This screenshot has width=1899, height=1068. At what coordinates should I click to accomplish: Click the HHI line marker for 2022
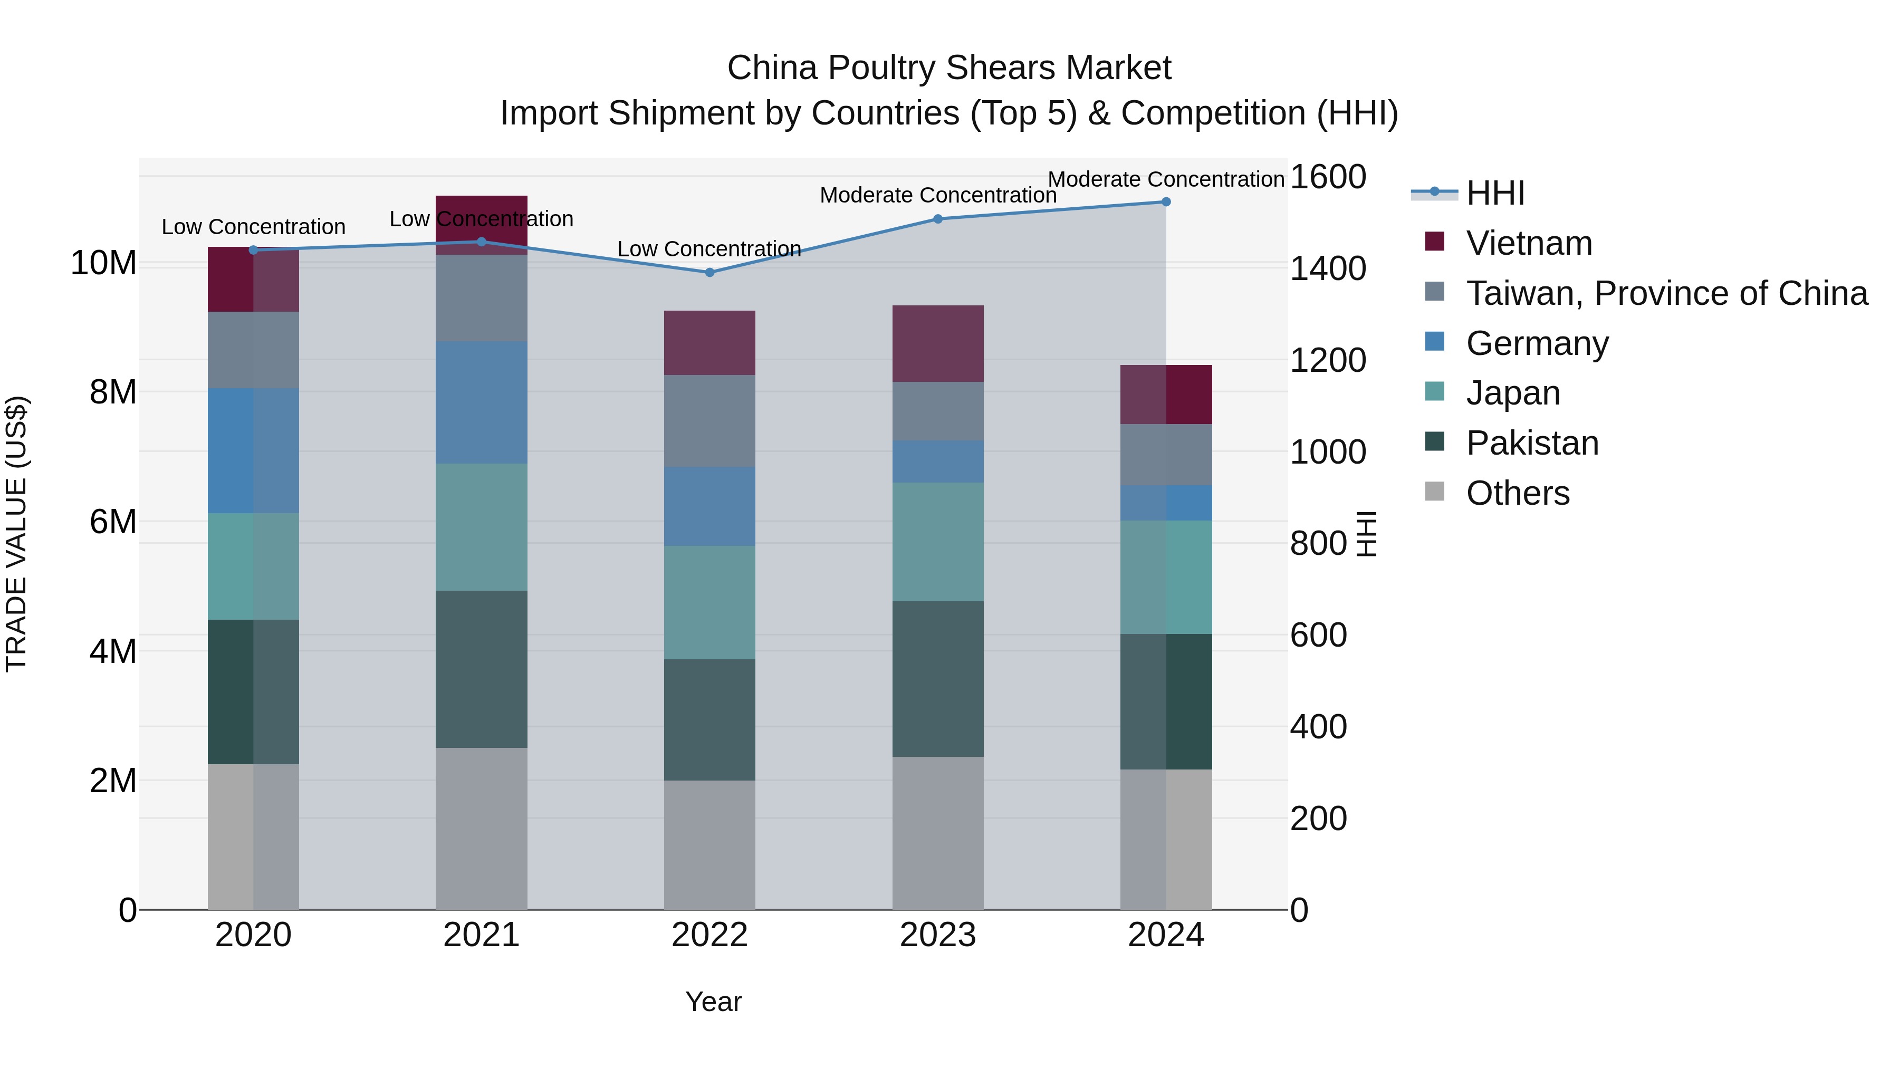pyautogui.click(x=709, y=272)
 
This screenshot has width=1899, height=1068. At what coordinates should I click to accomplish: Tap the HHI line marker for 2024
pyautogui.click(x=1165, y=201)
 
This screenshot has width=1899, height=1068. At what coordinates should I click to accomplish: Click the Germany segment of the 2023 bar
pyautogui.click(x=938, y=461)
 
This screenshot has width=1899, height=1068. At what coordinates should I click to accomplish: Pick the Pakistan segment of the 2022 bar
pyautogui.click(x=709, y=719)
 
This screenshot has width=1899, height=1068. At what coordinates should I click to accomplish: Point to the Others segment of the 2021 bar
pyautogui.click(x=482, y=829)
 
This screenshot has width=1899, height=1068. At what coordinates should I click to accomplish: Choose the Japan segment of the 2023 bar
pyautogui.click(x=938, y=542)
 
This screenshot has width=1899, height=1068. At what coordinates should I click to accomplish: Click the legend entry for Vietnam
pyautogui.click(x=1528, y=243)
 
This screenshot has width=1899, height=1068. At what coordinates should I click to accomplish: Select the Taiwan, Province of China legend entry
pyautogui.click(x=1666, y=293)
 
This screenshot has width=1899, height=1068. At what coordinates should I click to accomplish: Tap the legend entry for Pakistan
pyautogui.click(x=1531, y=443)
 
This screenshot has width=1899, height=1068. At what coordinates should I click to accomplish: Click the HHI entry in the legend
pyautogui.click(x=1494, y=193)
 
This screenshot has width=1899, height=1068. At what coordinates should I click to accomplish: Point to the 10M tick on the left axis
pyautogui.click(x=104, y=263)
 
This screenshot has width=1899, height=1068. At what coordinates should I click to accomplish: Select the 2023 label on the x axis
pyautogui.click(x=938, y=935)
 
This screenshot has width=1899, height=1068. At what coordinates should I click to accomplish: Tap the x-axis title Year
pyautogui.click(x=713, y=1002)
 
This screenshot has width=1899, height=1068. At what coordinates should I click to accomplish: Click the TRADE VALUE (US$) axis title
pyautogui.click(x=16, y=534)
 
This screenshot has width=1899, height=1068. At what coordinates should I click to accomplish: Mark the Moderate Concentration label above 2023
pyautogui.click(x=938, y=195)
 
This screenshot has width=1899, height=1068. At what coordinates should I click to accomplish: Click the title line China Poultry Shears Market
pyautogui.click(x=949, y=68)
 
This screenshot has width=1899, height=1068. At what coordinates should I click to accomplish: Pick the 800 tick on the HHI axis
pyautogui.click(x=1318, y=543)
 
